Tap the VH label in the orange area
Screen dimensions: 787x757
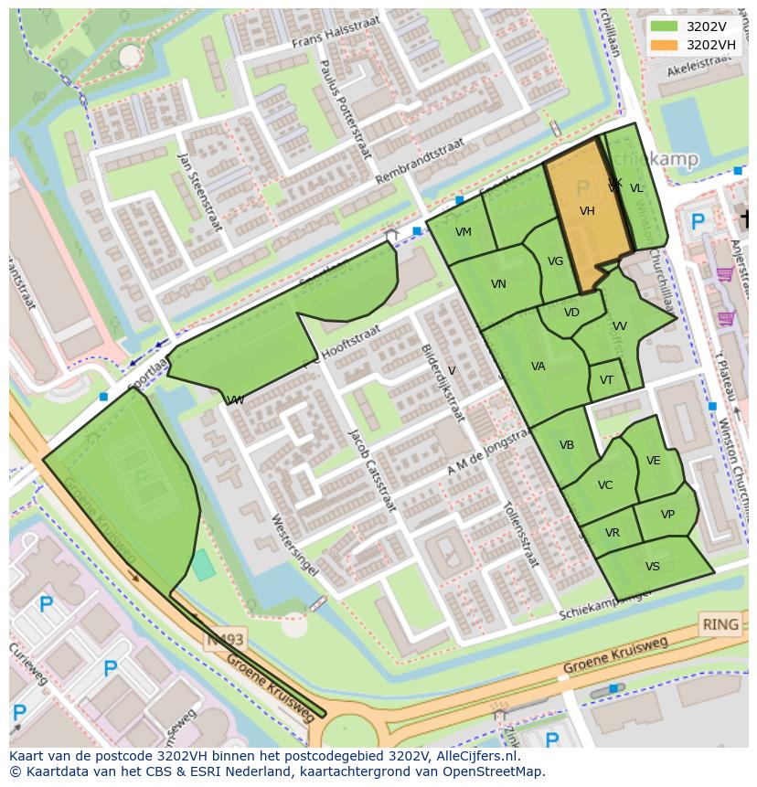[x=587, y=211]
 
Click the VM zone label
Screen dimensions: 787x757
[x=464, y=232]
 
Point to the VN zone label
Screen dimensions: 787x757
[x=498, y=284]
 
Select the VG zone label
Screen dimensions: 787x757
[x=555, y=261]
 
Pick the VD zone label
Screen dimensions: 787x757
[x=571, y=313]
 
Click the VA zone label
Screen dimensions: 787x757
[x=538, y=367]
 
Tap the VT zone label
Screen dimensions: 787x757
[x=606, y=380]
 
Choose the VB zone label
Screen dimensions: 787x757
[x=567, y=445]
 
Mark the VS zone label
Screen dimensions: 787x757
[x=652, y=567]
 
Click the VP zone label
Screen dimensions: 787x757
[x=667, y=515]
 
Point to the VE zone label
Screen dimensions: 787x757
[x=653, y=461]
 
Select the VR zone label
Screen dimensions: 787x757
[x=612, y=533]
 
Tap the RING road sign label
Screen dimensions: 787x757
[x=720, y=625]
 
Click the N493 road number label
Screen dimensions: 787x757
[x=223, y=641]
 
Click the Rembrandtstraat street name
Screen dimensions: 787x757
[x=420, y=161]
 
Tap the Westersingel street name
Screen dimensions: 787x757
[x=294, y=544]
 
